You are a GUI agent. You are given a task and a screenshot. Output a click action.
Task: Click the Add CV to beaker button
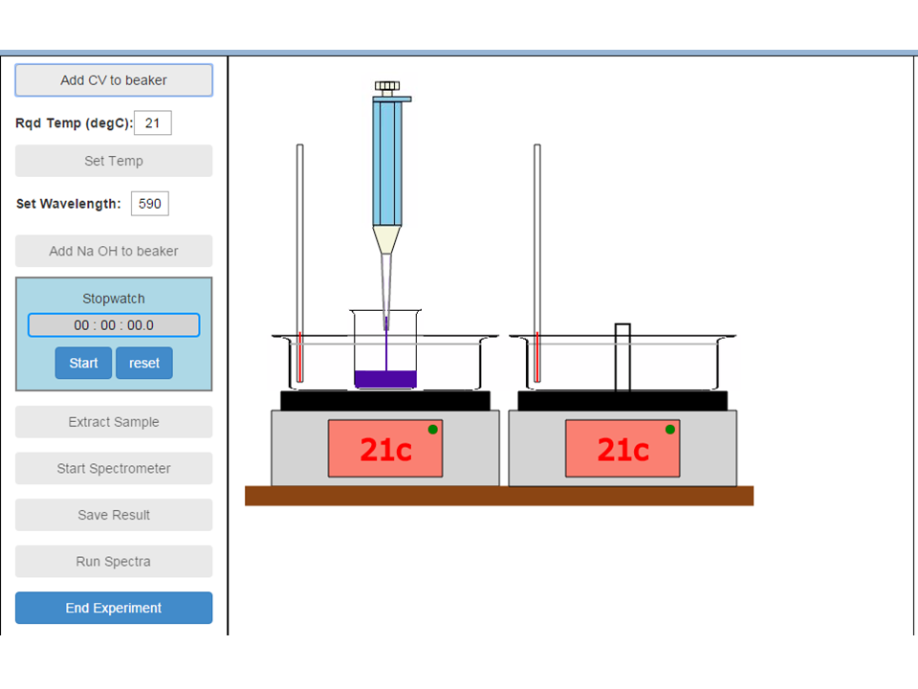[114, 80]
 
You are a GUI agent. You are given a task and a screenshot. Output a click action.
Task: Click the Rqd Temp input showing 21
[152, 123]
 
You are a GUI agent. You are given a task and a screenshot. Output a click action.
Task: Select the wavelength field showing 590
[150, 203]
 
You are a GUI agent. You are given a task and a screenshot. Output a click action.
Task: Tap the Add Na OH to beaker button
[114, 251]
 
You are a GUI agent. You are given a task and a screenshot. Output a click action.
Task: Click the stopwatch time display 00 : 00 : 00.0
[114, 325]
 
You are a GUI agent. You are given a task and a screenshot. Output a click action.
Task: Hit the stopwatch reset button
[144, 363]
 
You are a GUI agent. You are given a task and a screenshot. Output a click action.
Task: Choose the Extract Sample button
[114, 422]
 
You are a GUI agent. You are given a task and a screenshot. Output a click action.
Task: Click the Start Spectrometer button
[114, 468]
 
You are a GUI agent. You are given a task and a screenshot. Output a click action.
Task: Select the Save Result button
[114, 515]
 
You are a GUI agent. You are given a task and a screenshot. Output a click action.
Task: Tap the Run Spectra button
[114, 562]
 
